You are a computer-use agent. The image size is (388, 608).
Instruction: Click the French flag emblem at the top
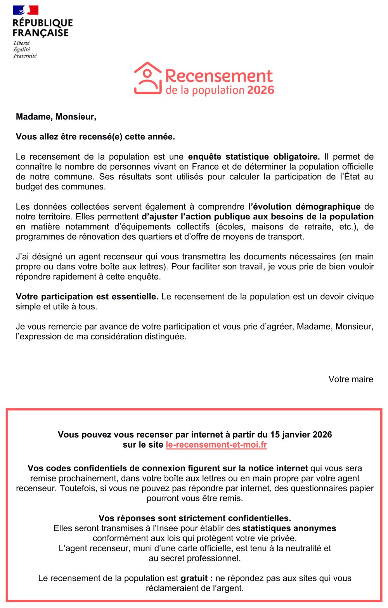click(26, 10)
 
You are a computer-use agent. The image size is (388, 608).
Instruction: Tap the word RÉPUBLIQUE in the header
click(43, 23)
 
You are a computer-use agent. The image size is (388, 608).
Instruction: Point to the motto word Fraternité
click(25, 56)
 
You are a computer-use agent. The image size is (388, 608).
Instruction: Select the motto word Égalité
click(21, 50)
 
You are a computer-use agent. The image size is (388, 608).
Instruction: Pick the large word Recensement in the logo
click(219, 76)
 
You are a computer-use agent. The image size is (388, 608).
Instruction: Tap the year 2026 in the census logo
click(260, 90)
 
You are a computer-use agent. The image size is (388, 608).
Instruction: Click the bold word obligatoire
click(296, 157)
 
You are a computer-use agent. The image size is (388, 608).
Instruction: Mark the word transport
click(286, 237)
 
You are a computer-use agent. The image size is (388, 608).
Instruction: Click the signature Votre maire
click(351, 379)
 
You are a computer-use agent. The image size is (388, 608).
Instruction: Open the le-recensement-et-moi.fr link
click(216, 445)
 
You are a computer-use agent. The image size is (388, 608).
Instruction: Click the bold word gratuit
click(194, 578)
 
